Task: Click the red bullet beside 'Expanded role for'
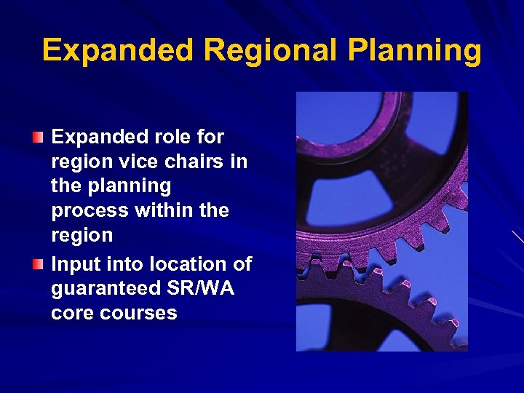click(38, 136)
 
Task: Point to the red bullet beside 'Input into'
click(38, 263)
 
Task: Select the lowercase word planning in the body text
click(130, 187)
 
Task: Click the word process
click(90, 211)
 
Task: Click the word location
click(181, 263)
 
